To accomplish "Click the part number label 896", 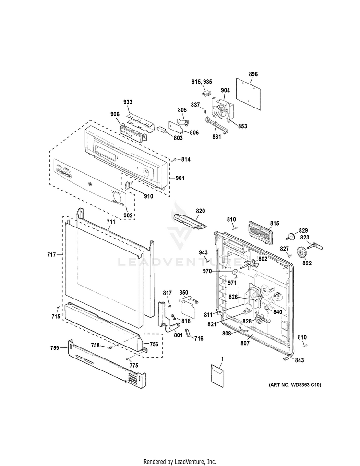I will coord(253,74).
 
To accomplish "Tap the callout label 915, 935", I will coord(202,82).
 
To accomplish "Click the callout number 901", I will coord(180,179).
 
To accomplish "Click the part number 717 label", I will coord(51,254).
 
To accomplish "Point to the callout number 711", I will coord(111,222).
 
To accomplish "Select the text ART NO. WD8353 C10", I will coord(295,385).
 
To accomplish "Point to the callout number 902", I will coord(128,216).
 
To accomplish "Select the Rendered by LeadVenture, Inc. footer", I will coord(180,461).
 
